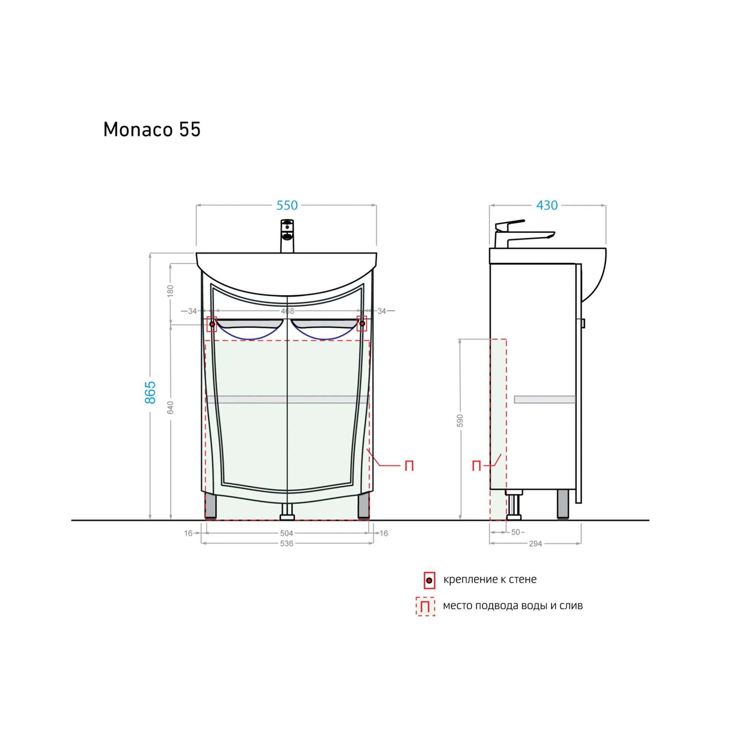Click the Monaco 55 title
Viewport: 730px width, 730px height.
click(x=152, y=130)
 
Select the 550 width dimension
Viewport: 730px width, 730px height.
click(x=287, y=205)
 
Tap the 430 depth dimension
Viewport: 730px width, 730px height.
click(x=547, y=205)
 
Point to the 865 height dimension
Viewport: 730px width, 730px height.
click(x=150, y=392)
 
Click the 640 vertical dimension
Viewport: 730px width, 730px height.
click(x=170, y=408)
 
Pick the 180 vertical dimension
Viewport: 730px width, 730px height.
click(x=170, y=291)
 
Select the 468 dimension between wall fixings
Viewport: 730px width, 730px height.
click(x=288, y=311)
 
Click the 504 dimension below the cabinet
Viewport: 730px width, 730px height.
click(x=287, y=533)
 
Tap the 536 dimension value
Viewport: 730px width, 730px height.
click(x=287, y=543)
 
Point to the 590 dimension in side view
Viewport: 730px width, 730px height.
click(x=460, y=420)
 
